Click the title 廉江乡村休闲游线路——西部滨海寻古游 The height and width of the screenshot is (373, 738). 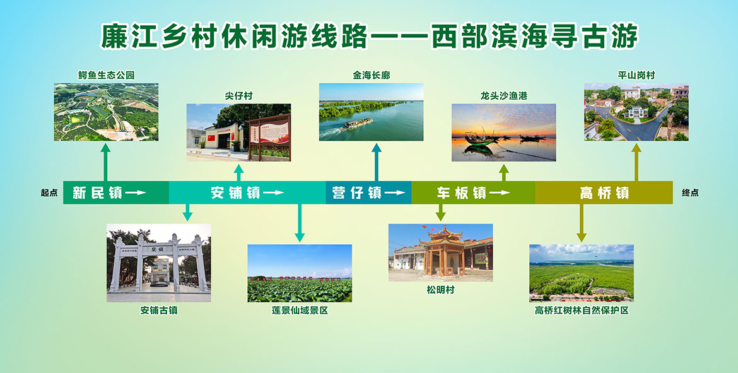[370, 37]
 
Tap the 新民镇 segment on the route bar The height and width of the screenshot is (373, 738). [116, 192]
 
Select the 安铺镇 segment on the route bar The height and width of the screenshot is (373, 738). [247, 192]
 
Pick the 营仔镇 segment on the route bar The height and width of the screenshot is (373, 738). [368, 192]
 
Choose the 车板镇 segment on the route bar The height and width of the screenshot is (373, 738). [474, 192]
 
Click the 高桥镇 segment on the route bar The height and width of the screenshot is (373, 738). [604, 192]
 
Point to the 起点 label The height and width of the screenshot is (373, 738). [49, 192]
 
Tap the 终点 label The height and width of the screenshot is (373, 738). [690, 192]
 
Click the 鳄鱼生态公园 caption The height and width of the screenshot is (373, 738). [107, 75]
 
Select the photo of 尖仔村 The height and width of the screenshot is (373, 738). [238, 133]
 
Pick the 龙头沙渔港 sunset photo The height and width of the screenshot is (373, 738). [503, 133]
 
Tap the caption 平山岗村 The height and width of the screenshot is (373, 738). [636, 75]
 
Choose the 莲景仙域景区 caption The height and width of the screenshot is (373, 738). [300, 311]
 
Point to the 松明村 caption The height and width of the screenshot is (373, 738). [440, 290]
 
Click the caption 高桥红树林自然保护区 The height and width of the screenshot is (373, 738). [582, 311]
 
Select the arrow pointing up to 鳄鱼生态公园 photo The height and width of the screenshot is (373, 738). [105, 162]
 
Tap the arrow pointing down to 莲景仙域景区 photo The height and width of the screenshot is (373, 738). [300, 223]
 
